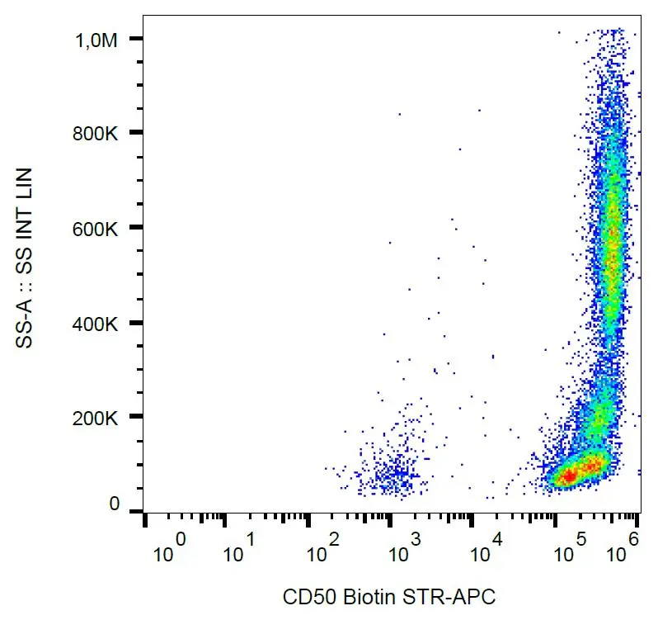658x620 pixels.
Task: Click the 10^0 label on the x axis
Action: [168, 549]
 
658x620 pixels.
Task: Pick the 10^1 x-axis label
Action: [238, 549]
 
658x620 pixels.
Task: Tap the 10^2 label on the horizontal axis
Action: [322, 549]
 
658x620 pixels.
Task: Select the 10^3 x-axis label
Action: [404, 549]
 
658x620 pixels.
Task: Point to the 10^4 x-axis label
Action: [486, 549]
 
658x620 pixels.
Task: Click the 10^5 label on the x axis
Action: [569, 549]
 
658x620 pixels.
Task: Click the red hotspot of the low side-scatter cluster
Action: [569, 476]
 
